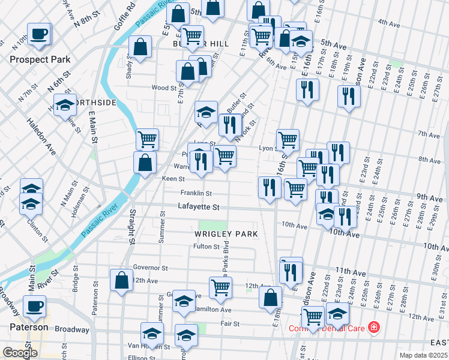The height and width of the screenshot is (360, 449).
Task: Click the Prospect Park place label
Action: pyautogui.click(x=40, y=59)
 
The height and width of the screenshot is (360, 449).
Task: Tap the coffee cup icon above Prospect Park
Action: pyautogui.click(x=39, y=34)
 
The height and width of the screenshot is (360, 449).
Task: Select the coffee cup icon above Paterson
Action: pyautogui.click(x=34, y=306)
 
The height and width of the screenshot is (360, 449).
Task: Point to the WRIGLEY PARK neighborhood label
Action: pyautogui.click(x=226, y=233)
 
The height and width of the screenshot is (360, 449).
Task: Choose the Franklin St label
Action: pyautogui.click(x=196, y=193)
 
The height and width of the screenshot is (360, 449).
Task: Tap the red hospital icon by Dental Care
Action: pyautogui.click(x=374, y=327)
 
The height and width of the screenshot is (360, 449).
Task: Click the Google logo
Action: pyautogui.click(x=20, y=353)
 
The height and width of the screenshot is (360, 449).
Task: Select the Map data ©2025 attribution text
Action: pyautogui.click(x=423, y=355)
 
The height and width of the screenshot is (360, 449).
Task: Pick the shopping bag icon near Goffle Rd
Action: pyautogui.click(x=140, y=47)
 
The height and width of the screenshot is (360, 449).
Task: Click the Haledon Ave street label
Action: pyautogui.click(x=41, y=136)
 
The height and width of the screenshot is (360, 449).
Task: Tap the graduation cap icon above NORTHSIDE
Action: pyautogui.click(x=65, y=105)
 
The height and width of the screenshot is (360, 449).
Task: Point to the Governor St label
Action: pyautogui.click(x=150, y=267)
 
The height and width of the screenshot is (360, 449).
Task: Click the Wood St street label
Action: pyautogui.click(x=164, y=88)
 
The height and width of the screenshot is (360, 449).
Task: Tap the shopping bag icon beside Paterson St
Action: pyautogui.click(x=121, y=280)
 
